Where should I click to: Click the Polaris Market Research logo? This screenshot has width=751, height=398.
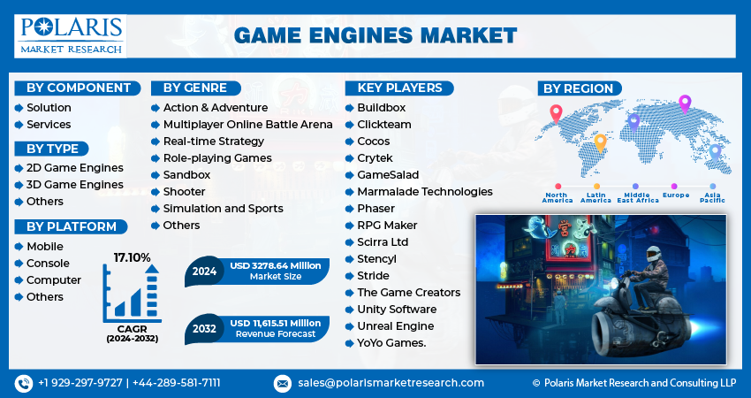71,34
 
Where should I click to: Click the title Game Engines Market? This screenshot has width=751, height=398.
375,35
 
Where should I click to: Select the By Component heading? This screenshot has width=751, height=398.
77,88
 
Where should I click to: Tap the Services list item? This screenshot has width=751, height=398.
49,125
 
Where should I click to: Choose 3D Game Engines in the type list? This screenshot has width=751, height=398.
75,185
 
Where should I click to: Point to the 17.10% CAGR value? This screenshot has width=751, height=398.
133,257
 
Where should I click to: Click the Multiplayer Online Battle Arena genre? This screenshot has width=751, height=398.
247,125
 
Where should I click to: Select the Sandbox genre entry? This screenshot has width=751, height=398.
186,175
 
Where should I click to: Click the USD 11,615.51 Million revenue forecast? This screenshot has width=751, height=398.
276,323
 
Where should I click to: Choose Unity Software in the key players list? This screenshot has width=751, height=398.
397,310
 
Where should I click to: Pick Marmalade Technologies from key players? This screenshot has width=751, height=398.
425,192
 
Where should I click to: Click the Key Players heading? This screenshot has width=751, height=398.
399,88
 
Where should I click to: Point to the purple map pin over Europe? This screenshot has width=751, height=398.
684,103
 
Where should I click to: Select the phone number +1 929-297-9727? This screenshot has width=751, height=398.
80,383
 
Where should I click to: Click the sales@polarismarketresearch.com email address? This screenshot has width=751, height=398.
390,383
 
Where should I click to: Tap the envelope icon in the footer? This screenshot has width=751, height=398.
283,383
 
